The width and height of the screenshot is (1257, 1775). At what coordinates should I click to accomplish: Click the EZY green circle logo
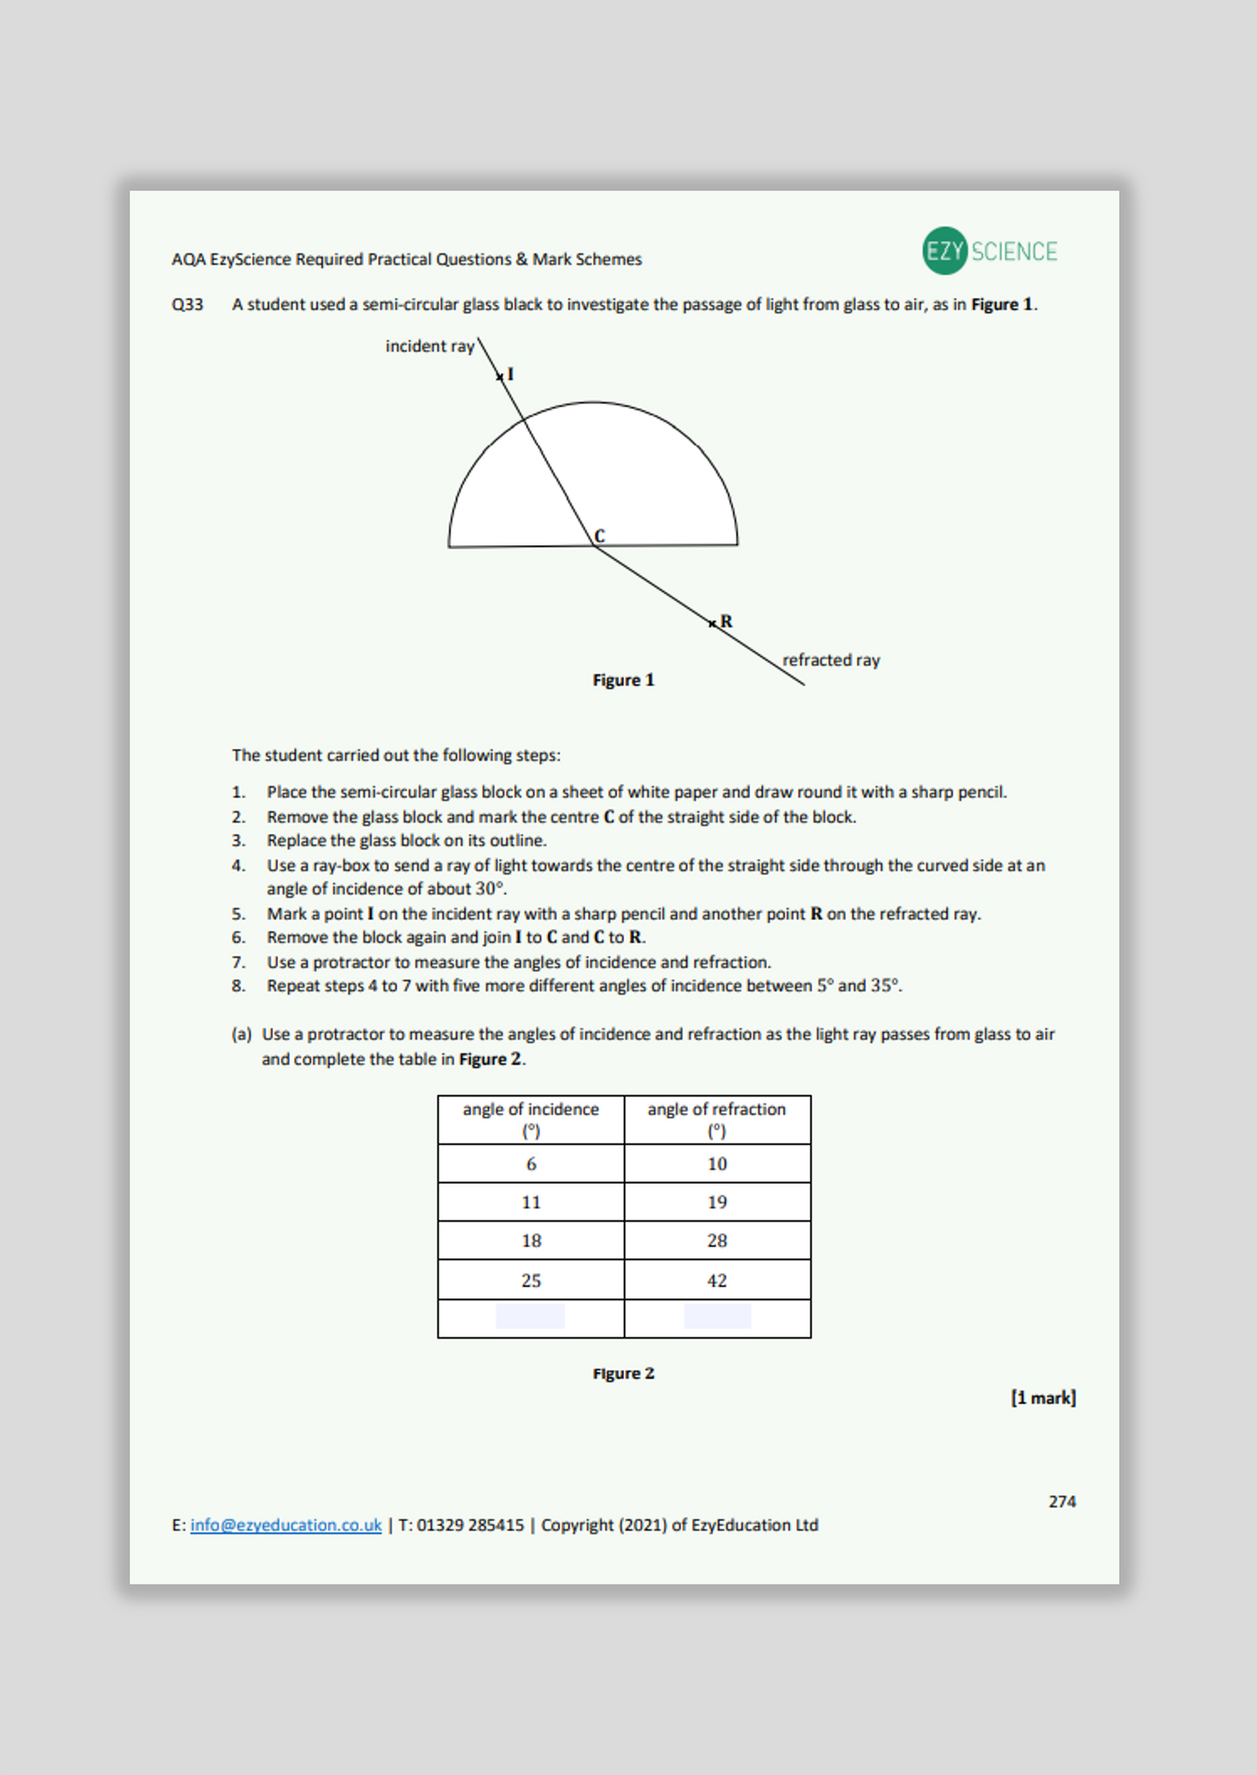945,251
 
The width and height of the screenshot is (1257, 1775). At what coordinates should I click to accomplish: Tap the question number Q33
187,305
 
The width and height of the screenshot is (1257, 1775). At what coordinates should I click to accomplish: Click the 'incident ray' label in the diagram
430,346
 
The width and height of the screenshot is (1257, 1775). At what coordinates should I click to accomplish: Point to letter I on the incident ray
511,375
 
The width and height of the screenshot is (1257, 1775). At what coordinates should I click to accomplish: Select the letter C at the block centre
599,536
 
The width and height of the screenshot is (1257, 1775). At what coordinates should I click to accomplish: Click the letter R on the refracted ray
726,622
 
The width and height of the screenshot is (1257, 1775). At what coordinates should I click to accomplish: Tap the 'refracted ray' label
831,660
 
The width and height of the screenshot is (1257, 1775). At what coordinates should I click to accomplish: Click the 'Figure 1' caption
623,680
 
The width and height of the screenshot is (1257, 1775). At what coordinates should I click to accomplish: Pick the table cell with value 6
531,1164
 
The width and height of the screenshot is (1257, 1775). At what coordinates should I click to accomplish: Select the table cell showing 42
717,1281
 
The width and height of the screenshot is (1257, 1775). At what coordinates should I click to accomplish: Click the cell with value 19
717,1203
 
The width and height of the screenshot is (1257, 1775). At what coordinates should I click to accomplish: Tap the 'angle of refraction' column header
716,1118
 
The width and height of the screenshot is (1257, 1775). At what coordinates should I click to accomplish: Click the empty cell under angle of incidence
531,1317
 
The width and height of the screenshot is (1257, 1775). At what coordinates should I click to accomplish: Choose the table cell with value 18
531,1241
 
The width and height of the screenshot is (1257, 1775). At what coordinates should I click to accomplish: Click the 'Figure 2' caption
623,1373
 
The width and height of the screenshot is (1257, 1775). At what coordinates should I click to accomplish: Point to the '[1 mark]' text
1042,1398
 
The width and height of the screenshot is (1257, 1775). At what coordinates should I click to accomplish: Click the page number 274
1061,1502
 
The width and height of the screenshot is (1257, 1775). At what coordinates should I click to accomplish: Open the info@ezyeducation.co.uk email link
285,1525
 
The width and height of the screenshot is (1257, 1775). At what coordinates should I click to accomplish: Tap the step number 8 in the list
237,986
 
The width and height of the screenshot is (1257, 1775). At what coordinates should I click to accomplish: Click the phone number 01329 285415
470,1525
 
